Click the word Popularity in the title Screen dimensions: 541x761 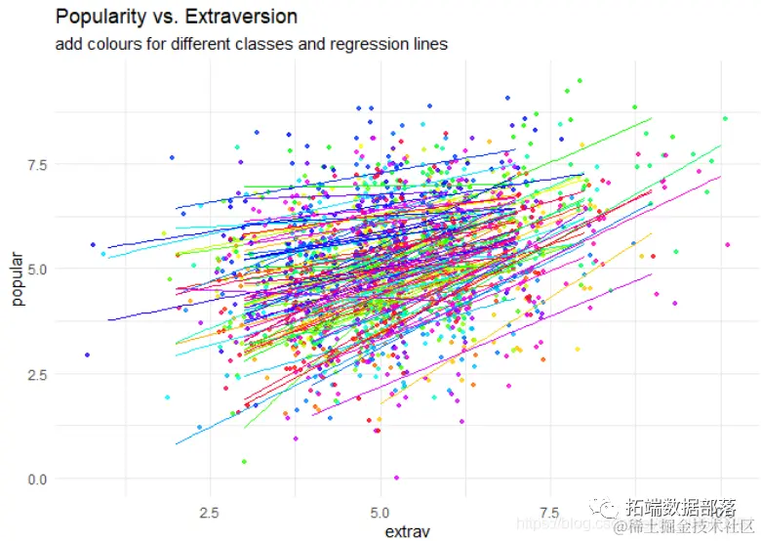(98, 18)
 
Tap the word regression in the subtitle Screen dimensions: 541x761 (356, 44)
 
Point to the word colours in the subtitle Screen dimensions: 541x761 (116, 44)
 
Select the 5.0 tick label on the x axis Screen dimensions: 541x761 (381, 512)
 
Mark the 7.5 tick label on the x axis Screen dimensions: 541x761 (550, 512)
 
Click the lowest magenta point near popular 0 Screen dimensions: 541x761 (396, 478)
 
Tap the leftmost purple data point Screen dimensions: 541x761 (87, 354)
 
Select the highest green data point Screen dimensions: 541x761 (580, 80)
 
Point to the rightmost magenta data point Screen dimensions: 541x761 (728, 245)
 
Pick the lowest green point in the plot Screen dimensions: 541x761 (244, 461)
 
